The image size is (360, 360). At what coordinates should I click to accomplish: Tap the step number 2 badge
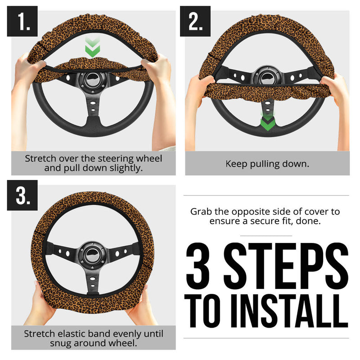[195, 21]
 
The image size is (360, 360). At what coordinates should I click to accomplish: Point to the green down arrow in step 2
[268, 121]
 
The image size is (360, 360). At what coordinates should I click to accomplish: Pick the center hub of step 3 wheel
[92, 253]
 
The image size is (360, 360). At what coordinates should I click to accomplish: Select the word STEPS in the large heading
[287, 265]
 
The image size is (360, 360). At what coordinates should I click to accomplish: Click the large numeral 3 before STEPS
[200, 265]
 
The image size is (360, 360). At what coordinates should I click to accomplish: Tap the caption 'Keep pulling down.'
[267, 164]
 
